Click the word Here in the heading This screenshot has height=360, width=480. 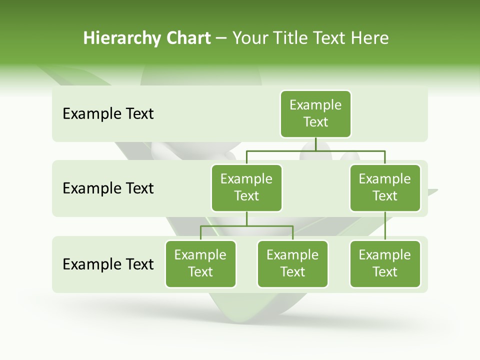click(x=370, y=38)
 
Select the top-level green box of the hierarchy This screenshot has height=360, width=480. click(x=315, y=113)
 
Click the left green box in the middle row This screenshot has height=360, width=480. click(x=246, y=187)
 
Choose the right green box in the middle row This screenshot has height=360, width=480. click(x=385, y=187)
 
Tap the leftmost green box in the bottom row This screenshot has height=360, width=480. click(x=200, y=263)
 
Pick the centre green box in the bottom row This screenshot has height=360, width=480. click(x=292, y=263)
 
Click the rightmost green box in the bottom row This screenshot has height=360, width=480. click(x=385, y=263)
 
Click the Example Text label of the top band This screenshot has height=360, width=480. click(x=108, y=113)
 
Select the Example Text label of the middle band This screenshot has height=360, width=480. click(x=108, y=188)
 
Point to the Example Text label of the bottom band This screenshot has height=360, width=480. click(x=108, y=264)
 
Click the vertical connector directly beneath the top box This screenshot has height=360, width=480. click(x=315, y=144)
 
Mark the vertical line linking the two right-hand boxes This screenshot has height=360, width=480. click(x=385, y=226)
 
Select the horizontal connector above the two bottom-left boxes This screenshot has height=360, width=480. click(x=246, y=226)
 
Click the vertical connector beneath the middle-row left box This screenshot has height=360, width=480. click(x=246, y=218)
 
